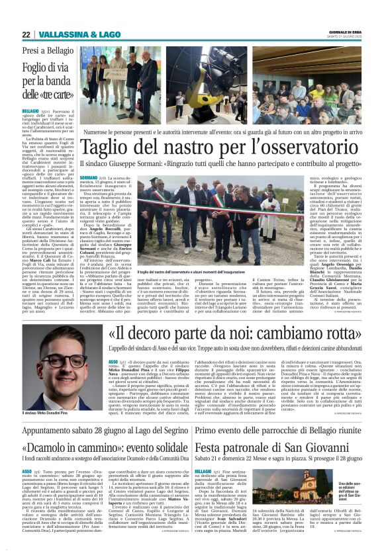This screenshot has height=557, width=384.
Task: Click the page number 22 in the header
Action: pyautogui.click(x=26, y=34)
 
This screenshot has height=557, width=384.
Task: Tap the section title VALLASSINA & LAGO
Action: pyautogui.click(x=72, y=34)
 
